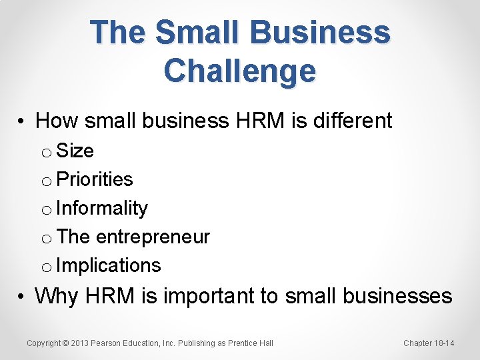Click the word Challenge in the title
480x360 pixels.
[239, 71]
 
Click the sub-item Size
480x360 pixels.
[75, 151]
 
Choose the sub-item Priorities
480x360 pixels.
[95, 179]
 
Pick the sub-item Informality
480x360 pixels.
[102, 208]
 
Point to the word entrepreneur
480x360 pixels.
[153, 237]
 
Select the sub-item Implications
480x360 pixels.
[109, 265]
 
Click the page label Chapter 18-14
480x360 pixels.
[429, 343]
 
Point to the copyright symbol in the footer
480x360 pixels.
[65, 343]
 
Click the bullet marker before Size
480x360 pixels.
[47, 153]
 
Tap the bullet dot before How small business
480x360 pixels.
[22, 121]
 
